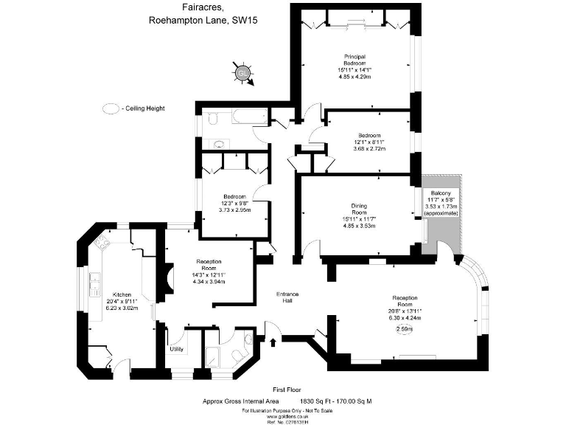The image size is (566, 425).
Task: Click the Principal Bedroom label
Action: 354,60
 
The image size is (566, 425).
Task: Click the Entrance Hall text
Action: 287,297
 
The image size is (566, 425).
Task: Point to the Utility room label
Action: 177,349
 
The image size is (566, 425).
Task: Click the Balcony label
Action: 441,193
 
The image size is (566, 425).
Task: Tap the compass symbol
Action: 242,72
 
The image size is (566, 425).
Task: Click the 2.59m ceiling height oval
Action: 405,329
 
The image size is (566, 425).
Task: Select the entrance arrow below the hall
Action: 274,342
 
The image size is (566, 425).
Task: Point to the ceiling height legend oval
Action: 111,108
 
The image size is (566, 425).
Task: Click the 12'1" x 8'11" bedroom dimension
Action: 369,142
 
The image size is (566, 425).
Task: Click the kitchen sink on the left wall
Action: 94,283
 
